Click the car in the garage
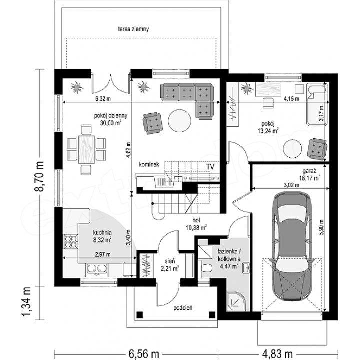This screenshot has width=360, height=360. [292, 245]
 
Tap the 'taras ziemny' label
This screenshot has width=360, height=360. [133, 29]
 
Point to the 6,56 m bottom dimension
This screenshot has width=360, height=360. [144, 354]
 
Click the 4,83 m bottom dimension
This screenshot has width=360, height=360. [277, 354]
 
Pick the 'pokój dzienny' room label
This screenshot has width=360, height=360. [111, 115]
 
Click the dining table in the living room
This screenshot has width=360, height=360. [86, 149]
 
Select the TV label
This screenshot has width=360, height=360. [210, 167]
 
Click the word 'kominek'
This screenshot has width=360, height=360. [149, 164]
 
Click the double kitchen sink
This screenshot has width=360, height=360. [96, 269]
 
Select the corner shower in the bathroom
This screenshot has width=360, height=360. [235, 301]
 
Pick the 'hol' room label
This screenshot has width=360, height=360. [196, 220]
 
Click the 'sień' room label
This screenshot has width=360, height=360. [170, 261]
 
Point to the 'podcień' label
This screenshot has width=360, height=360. [183, 308]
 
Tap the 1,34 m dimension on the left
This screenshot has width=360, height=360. [26, 302]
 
